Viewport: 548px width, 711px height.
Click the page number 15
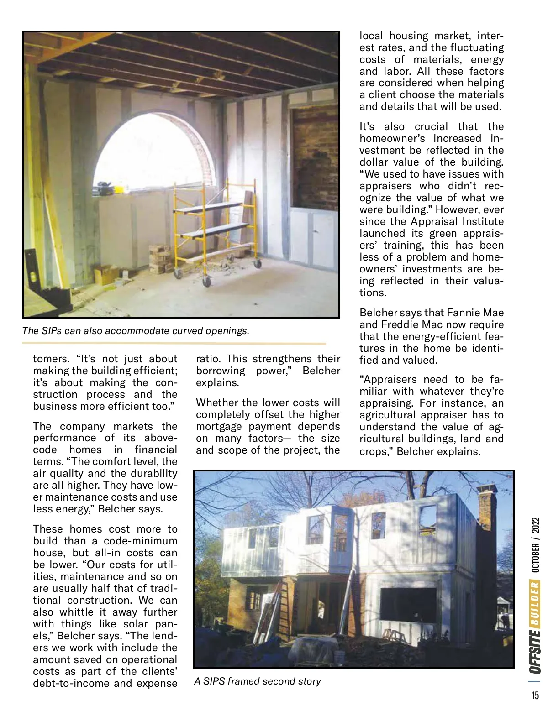(x=535, y=695)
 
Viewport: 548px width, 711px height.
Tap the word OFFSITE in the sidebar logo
(x=535, y=651)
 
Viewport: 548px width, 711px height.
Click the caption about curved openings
(x=136, y=331)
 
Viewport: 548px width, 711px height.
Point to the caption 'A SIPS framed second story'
(x=257, y=681)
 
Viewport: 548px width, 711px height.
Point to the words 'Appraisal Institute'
(x=457, y=222)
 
